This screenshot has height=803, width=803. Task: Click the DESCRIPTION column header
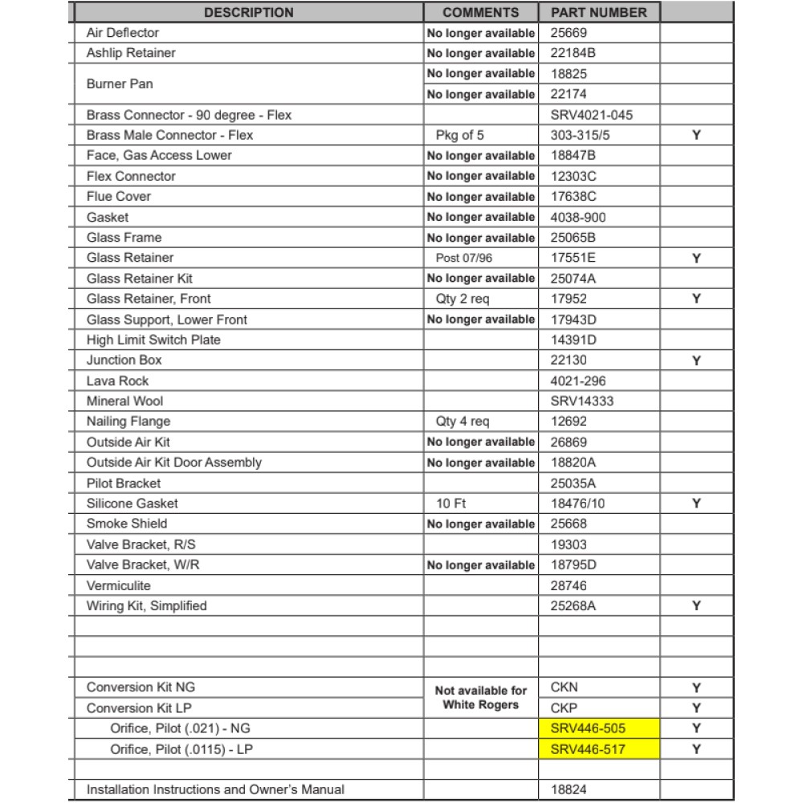point(249,13)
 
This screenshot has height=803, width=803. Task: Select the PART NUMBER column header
point(598,13)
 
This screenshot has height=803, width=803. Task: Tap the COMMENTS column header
point(480,13)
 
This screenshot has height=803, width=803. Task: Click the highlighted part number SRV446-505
point(588,728)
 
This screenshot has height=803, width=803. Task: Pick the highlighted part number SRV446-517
point(588,749)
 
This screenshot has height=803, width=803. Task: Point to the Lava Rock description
point(117,381)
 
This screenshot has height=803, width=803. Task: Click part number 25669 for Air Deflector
point(569,33)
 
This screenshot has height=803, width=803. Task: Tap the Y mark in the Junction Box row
point(696,361)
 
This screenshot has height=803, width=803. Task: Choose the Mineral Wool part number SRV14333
point(581,401)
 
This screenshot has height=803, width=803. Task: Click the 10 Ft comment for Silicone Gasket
point(451,503)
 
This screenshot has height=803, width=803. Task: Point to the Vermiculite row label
point(118,585)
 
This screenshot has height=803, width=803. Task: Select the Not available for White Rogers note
point(480,697)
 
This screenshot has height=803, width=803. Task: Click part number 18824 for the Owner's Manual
point(569,789)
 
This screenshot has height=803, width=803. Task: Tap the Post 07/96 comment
point(464,258)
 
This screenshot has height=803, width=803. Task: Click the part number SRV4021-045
point(592,115)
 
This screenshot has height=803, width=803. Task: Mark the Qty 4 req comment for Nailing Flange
point(463,422)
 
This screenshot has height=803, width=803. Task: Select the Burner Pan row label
point(120,84)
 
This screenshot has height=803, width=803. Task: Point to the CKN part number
point(565,687)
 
